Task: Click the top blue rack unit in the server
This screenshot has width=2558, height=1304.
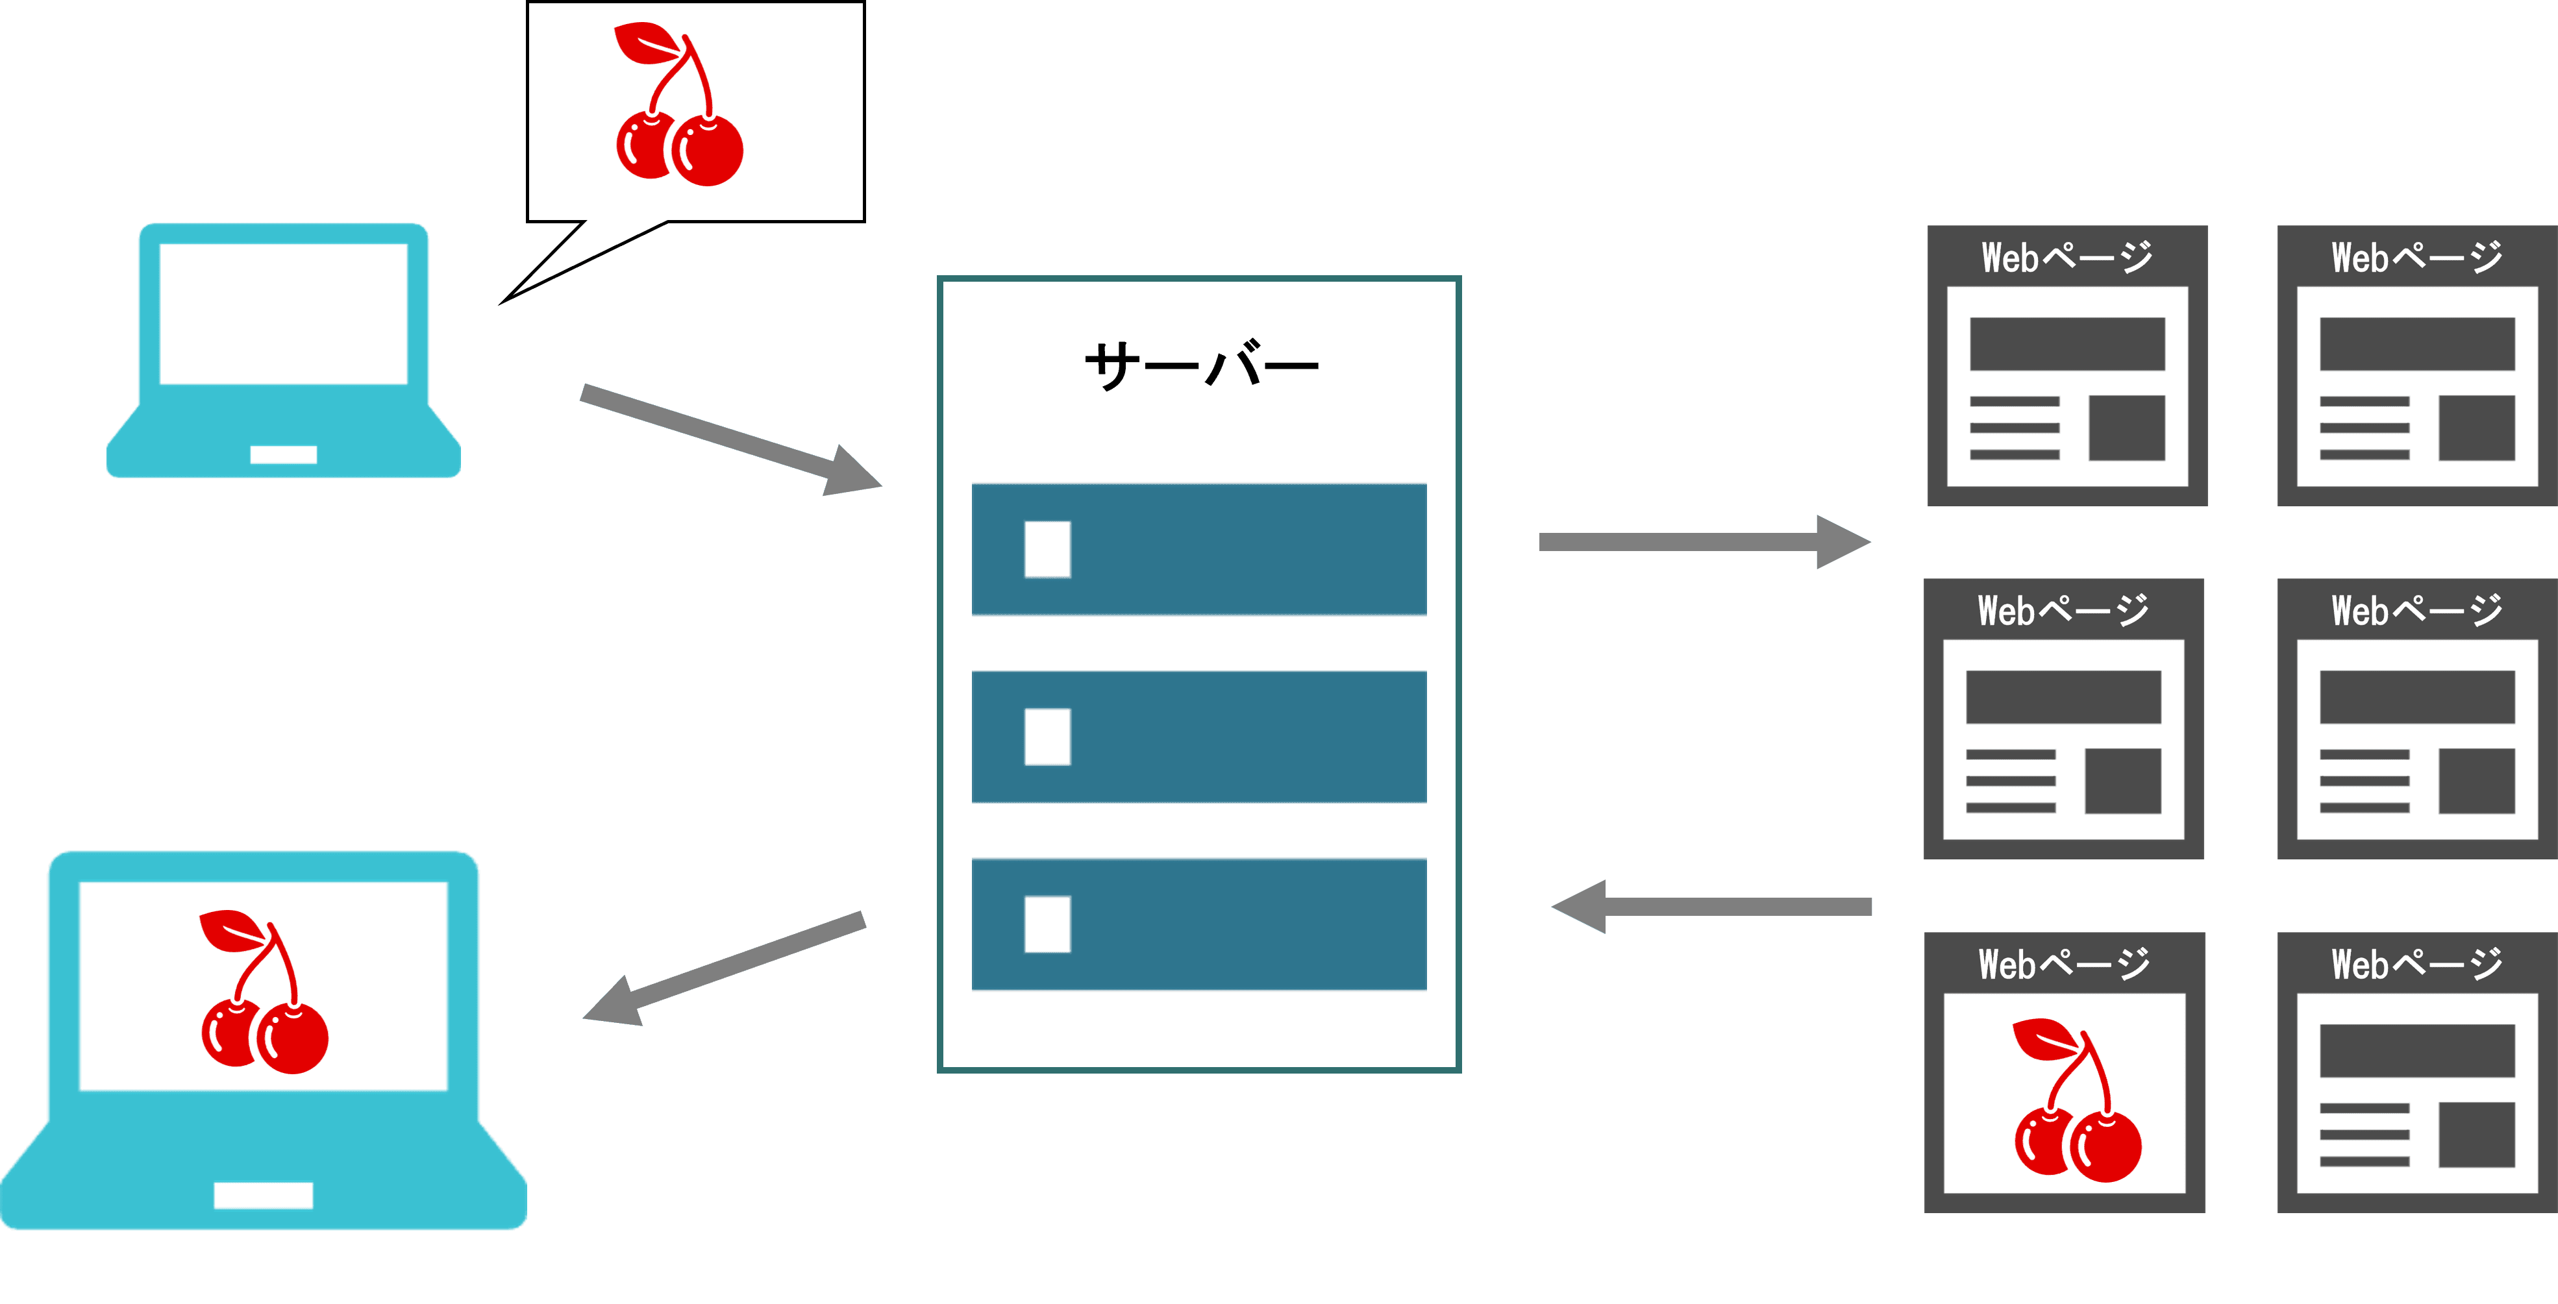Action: tap(1200, 549)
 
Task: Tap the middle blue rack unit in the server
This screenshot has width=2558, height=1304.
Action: tap(1200, 736)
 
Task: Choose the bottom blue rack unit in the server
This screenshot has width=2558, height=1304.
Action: tap(1200, 924)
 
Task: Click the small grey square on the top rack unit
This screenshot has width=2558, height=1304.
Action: tap(1047, 549)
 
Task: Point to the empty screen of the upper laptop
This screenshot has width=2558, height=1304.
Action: tap(283, 313)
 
